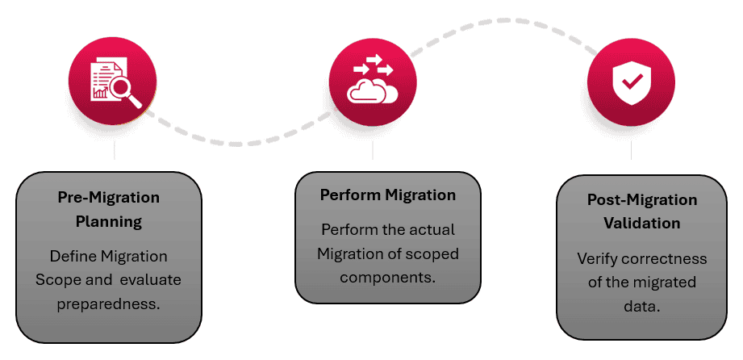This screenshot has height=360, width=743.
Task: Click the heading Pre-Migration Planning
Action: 109,209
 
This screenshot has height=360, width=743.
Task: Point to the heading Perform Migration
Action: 388,195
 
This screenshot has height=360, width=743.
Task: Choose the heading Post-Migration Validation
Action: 642,211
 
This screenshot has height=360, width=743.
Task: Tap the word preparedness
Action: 109,303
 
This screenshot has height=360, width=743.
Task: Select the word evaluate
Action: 151,279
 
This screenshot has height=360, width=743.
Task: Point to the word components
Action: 388,277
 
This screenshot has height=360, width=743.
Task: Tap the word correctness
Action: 667,259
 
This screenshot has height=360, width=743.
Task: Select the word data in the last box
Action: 642,307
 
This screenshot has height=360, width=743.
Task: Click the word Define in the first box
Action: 73,256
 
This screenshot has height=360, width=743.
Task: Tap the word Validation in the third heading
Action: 642,223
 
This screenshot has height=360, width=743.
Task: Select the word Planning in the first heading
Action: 109,221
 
